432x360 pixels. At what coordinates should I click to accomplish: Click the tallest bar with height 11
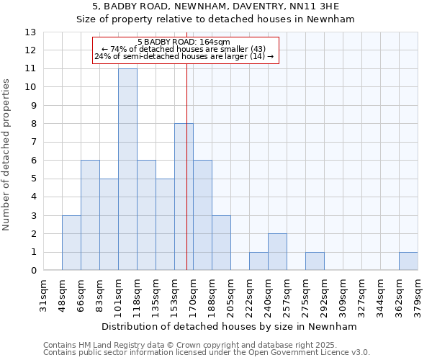pos(127,169)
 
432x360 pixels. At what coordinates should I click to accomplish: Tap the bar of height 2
pos(277,252)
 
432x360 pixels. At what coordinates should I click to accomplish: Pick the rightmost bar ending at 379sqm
pos(408,261)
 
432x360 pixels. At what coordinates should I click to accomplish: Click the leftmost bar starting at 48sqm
pos(71,243)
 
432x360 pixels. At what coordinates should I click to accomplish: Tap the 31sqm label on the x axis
pos(43,297)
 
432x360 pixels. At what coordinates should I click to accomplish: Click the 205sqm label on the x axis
pos(230,297)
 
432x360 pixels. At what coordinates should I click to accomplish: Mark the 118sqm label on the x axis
pos(137,297)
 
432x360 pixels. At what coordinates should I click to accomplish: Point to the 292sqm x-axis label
pos(324,297)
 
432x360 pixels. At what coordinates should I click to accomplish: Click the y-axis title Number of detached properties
pos(7,155)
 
